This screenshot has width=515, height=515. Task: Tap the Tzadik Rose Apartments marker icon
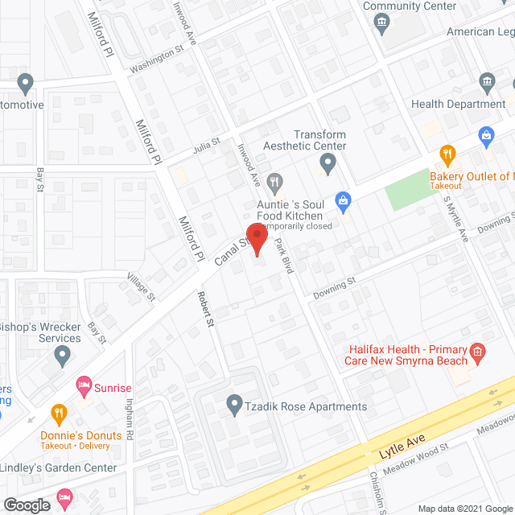click(234, 402)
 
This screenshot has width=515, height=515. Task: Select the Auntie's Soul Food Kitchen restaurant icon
click(275, 183)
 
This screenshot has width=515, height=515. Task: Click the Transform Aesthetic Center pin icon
click(327, 164)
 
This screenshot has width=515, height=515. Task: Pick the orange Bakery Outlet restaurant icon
click(447, 154)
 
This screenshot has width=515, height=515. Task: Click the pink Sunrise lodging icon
click(81, 387)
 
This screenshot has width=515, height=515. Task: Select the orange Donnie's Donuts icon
click(59, 414)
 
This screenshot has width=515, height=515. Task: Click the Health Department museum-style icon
click(487, 82)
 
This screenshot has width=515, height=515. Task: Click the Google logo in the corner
click(27, 505)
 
